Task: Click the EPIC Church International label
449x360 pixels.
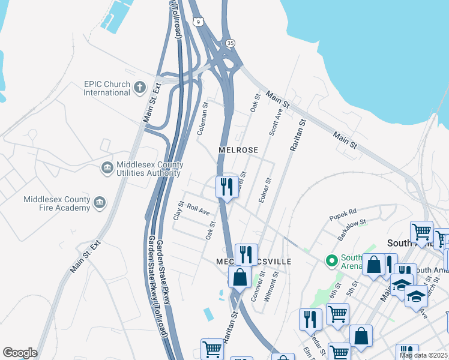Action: click(106, 88)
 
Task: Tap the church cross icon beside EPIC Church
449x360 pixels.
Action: click(140, 88)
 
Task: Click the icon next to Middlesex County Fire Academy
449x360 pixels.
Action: click(99, 203)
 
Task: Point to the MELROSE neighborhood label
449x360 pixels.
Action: click(238, 150)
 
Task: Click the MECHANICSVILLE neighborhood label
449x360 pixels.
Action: click(254, 262)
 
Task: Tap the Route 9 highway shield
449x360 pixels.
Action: click(199, 22)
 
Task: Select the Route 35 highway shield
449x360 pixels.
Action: click(230, 43)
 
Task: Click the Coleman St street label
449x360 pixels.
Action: click(203, 118)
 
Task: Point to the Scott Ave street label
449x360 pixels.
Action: click(276, 122)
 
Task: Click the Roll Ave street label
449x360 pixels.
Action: click(198, 209)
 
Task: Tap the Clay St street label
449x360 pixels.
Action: click(178, 210)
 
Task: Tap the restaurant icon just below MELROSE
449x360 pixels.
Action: click(227, 187)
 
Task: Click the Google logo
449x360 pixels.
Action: click(20, 353)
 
